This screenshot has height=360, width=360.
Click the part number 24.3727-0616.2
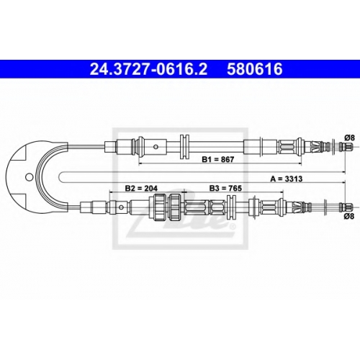(x=148, y=69)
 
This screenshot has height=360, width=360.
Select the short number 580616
(x=255, y=69)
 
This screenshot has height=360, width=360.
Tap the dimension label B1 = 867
(x=217, y=159)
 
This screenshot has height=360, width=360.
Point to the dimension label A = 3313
(x=287, y=179)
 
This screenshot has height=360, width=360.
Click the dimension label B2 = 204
(x=141, y=188)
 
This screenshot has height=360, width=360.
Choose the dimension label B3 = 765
(x=225, y=188)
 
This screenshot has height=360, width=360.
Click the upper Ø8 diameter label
(x=349, y=138)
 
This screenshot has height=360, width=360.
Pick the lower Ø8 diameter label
(x=349, y=216)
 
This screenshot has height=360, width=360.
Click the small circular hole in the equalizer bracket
(x=29, y=177)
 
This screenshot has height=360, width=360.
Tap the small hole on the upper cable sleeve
(x=156, y=146)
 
